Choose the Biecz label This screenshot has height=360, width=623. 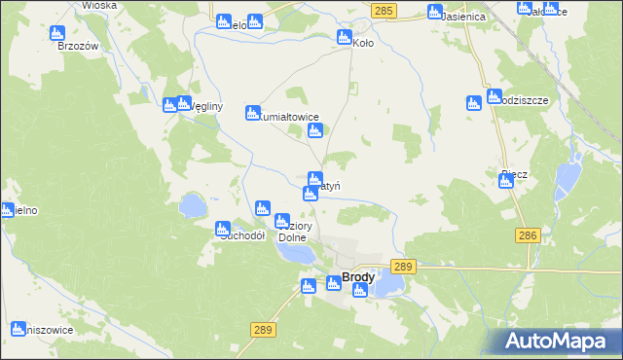pos(514,175)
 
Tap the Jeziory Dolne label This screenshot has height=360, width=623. pos(292,230)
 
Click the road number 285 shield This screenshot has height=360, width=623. pos(384,10)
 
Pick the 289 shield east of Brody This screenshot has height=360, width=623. pos(403,266)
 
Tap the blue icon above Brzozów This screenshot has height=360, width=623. pos(57,32)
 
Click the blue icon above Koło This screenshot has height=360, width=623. pos(344,37)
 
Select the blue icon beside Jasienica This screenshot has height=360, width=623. pos(434,13)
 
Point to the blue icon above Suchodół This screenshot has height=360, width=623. pos(222,228)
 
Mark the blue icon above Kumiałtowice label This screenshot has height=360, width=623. pos(253,112)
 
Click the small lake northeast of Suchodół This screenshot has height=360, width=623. pos(192,205)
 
